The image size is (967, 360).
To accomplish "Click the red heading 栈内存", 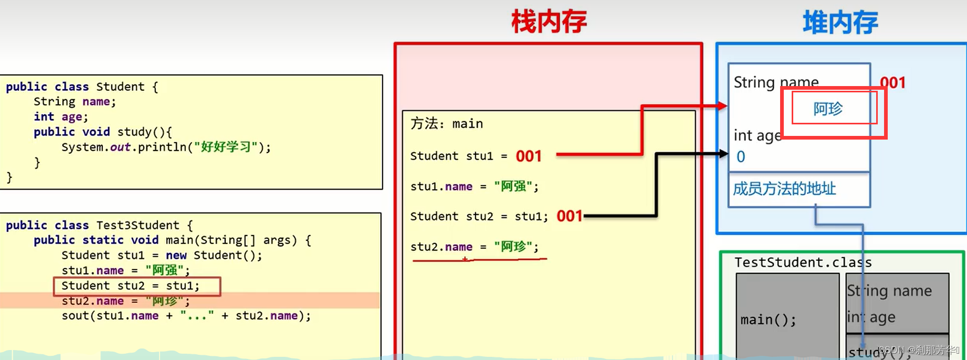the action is click(549, 23).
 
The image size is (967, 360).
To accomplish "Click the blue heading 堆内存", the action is click(840, 23).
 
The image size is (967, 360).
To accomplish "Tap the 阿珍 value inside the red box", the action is click(828, 109).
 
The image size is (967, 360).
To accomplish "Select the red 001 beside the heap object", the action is click(892, 82).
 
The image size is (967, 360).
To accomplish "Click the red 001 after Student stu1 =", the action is click(528, 156).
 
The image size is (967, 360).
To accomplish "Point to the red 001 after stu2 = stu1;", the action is click(570, 216).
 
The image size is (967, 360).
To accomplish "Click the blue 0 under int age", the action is click(741, 156).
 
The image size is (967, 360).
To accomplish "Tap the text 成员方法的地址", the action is click(784, 188).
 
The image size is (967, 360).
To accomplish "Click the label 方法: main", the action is click(447, 124).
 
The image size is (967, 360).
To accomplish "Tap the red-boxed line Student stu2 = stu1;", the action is click(131, 286).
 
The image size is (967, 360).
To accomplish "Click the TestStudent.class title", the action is click(803, 262).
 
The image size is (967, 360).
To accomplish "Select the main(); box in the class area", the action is click(768, 320).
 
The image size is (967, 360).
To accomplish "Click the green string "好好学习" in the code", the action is click(226, 147).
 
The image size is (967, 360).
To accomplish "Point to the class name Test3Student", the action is click(138, 225).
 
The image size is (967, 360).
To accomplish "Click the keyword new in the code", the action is click(176, 256).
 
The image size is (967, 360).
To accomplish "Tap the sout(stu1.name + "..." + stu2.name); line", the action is click(186, 316).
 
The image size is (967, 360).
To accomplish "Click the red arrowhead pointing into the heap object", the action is click(722, 106).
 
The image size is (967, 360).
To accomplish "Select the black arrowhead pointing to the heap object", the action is click(724, 154).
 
